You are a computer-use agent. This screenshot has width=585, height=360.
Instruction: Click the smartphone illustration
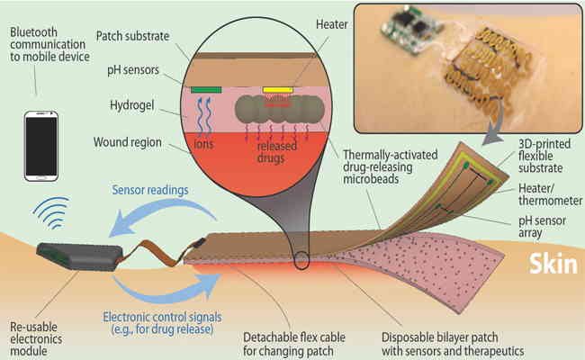(x=41, y=146)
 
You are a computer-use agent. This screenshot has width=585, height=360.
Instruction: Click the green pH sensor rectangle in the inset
(x=206, y=90)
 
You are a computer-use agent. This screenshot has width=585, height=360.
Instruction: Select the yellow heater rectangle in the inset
(x=277, y=90)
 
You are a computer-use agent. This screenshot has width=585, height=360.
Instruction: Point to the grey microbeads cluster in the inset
(x=279, y=110)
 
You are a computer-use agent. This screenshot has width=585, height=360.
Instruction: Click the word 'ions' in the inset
(x=203, y=144)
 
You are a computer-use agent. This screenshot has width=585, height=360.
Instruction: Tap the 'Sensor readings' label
(x=150, y=190)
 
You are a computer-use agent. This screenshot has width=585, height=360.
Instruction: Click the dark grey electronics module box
(x=79, y=256)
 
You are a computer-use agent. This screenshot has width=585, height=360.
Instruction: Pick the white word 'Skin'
(x=553, y=264)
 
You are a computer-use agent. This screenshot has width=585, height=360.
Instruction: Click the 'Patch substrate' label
(x=133, y=36)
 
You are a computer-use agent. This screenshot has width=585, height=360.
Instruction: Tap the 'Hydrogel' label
(x=131, y=105)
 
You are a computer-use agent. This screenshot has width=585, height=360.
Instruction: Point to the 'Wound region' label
(x=127, y=142)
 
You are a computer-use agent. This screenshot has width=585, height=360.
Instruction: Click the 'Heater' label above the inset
(x=332, y=24)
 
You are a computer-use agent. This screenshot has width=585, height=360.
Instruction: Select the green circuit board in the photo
(x=409, y=31)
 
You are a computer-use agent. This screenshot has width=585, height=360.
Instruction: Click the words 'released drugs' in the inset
(x=276, y=152)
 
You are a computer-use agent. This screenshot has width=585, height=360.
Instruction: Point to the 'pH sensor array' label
(x=542, y=227)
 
